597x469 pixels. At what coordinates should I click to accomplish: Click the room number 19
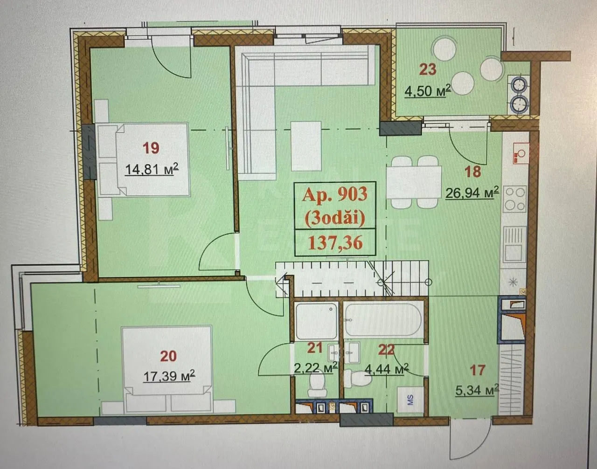pyautogui.click(x=151, y=148)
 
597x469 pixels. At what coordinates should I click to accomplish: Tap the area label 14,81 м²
pyautogui.click(x=152, y=169)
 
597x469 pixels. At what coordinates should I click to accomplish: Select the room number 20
pyautogui.click(x=168, y=356)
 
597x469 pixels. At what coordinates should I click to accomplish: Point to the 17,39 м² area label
pyautogui.click(x=169, y=375)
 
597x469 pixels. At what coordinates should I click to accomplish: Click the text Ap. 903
pyautogui.click(x=334, y=195)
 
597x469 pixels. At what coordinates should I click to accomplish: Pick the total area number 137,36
pyautogui.click(x=335, y=243)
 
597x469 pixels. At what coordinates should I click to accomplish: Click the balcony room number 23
pyautogui.click(x=428, y=69)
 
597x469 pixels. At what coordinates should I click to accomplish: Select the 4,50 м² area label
pyautogui.click(x=428, y=90)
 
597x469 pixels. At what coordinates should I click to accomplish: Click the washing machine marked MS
pyautogui.click(x=411, y=400)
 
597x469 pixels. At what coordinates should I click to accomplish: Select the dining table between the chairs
pyautogui.click(x=414, y=182)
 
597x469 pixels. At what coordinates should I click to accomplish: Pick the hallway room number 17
pyautogui.click(x=477, y=370)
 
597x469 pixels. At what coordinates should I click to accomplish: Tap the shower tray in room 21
pyautogui.click(x=316, y=321)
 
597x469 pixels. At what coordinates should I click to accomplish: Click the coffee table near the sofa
pyautogui.click(x=306, y=146)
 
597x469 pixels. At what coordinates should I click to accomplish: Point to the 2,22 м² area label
pyautogui.click(x=316, y=367)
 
